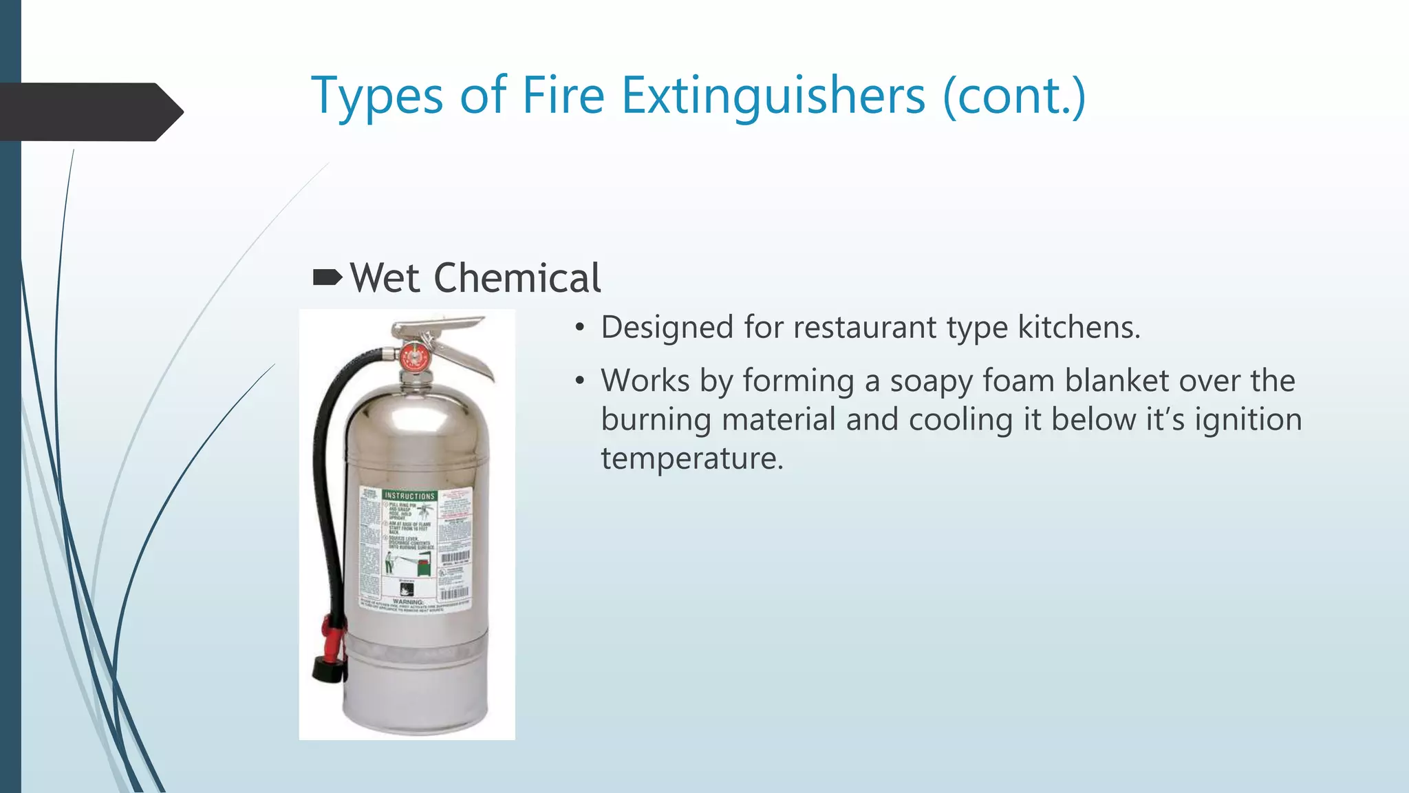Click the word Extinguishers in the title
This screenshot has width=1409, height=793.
[773, 96]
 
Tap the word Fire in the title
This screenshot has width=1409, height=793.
[563, 96]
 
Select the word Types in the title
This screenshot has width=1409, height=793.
[377, 97]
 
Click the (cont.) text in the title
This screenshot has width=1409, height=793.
[1014, 96]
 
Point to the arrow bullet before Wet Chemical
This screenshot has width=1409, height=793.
[327, 277]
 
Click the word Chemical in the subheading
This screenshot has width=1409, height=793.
[517, 278]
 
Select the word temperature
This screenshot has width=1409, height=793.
[691, 458]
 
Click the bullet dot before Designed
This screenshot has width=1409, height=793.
[581, 328]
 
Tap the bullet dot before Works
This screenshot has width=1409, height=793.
[581, 381]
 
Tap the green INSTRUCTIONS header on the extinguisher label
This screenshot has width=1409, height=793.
[409, 496]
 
